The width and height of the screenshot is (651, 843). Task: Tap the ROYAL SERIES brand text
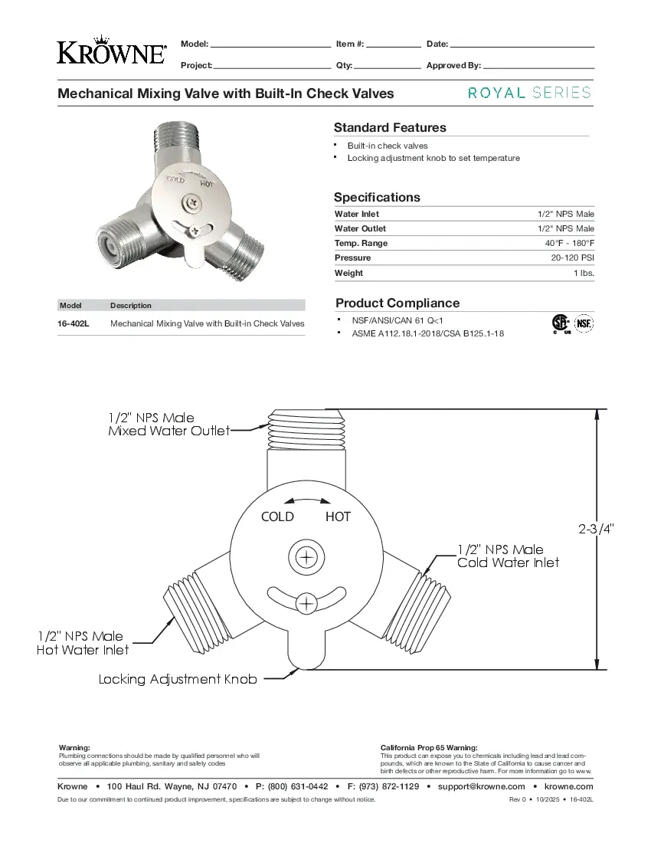pyautogui.click(x=529, y=93)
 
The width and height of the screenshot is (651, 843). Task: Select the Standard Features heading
pyautogui.click(x=390, y=128)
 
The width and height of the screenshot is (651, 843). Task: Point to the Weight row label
pyautogui.click(x=349, y=273)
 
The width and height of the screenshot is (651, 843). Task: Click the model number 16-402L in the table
pyautogui.click(x=74, y=323)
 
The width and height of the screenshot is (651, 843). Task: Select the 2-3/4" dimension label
pyautogui.click(x=595, y=529)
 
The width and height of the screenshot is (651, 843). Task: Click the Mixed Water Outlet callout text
pyautogui.click(x=168, y=431)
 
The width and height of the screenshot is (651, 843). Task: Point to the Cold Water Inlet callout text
pyautogui.click(x=508, y=563)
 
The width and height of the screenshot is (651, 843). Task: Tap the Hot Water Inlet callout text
pyautogui.click(x=83, y=650)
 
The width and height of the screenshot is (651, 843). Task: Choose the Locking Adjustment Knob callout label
pyautogui.click(x=178, y=679)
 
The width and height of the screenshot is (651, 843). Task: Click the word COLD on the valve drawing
pyautogui.click(x=277, y=517)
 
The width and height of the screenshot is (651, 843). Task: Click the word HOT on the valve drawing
pyautogui.click(x=338, y=517)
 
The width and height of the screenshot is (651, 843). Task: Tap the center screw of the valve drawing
pyautogui.click(x=306, y=556)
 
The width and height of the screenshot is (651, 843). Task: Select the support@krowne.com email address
pyautogui.click(x=481, y=786)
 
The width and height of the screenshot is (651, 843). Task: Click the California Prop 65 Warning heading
pyautogui.click(x=429, y=747)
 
